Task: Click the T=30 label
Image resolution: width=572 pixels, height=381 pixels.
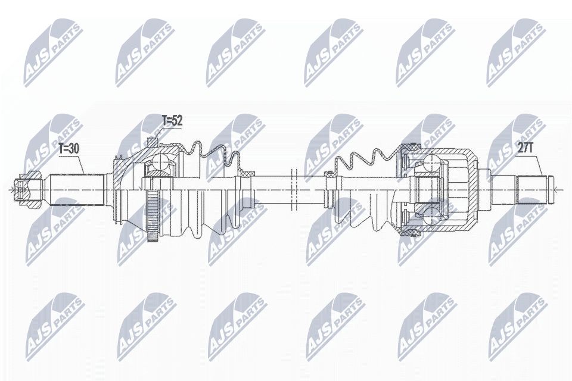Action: [x=69, y=150]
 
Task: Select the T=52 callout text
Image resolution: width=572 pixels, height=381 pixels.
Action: [x=172, y=121]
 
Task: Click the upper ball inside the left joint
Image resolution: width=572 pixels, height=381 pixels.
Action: [x=158, y=161]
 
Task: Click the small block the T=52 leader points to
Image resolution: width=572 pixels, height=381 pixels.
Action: [x=151, y=142]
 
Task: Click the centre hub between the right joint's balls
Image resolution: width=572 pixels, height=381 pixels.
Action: [x=426, y=189]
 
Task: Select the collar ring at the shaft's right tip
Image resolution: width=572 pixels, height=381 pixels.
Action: [x=549, y=189]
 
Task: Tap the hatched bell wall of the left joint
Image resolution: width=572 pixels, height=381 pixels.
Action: [x=123, y=173]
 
